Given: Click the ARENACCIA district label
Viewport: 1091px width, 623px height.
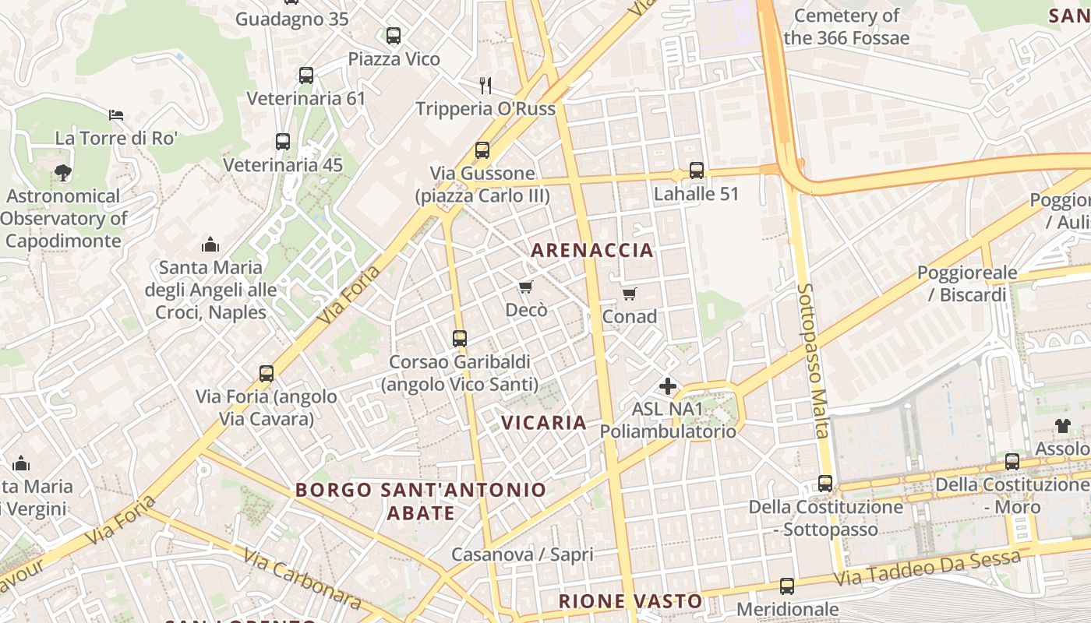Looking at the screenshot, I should pos(591,250).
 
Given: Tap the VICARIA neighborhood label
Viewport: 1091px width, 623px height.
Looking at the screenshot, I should pos(543,423).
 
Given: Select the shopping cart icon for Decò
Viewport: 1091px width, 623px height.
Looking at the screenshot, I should pos(526,287).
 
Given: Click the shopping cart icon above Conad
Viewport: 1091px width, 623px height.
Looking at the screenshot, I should pos(629,294).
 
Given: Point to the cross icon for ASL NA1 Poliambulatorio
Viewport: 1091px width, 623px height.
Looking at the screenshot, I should pos(668,386).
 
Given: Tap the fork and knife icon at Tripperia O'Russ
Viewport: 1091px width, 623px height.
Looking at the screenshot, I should pos(485,85).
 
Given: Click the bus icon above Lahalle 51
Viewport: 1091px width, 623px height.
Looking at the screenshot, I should pos(696,171).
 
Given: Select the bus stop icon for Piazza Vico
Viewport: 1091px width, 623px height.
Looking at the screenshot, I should pos(394,35).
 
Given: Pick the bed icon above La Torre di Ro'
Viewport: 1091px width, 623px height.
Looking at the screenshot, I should pos(116,115).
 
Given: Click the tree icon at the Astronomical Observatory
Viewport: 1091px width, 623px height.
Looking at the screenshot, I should pos(63,172).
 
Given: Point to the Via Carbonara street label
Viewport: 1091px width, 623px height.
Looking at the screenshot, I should pos(302,579).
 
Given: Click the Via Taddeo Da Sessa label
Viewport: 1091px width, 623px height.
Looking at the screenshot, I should pos(927,569).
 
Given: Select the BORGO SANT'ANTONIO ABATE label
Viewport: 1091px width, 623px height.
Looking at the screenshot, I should pos(421,502).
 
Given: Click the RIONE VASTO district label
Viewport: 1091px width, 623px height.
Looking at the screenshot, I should pos(630,601).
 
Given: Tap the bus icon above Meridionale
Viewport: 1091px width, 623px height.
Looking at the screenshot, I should pos(787,586).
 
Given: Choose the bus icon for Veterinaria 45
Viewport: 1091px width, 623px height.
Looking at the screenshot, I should pos(283,142).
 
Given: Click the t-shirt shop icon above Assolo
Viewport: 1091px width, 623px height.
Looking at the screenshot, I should pos(1063,425).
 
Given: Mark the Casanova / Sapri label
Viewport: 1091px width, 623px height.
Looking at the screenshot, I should pos(522,554).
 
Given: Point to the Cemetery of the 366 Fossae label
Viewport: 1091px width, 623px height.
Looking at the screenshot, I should pos(846,26).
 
